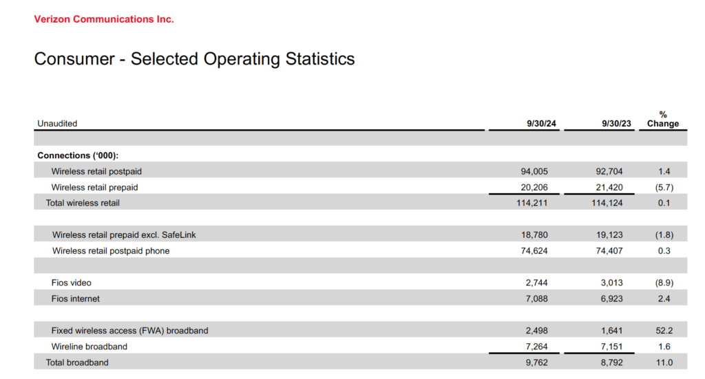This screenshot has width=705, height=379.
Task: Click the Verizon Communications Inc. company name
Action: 104,19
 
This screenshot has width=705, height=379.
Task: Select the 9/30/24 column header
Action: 541,124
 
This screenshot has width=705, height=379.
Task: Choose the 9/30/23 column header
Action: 616,124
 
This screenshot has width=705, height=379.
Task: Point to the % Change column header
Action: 663,119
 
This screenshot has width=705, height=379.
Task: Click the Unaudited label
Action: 57,124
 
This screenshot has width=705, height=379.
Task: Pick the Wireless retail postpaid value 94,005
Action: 534,171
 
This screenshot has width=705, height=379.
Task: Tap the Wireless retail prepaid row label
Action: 94,187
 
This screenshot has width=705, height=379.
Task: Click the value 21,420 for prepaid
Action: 609,187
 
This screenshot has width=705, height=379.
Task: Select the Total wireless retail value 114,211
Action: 532,203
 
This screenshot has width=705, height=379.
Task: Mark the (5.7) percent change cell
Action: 664,187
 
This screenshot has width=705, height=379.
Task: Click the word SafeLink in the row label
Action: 178,235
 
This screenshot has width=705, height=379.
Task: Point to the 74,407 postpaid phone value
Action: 609,251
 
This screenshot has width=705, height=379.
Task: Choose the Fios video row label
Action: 71,283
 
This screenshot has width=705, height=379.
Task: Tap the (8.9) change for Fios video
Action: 664,283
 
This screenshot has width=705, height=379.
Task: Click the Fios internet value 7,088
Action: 537,299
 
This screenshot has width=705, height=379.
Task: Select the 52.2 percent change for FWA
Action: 664,331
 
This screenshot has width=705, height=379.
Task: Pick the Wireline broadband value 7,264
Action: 537,347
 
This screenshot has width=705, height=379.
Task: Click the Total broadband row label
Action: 77,362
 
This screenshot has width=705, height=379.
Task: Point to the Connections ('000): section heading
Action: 78,155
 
